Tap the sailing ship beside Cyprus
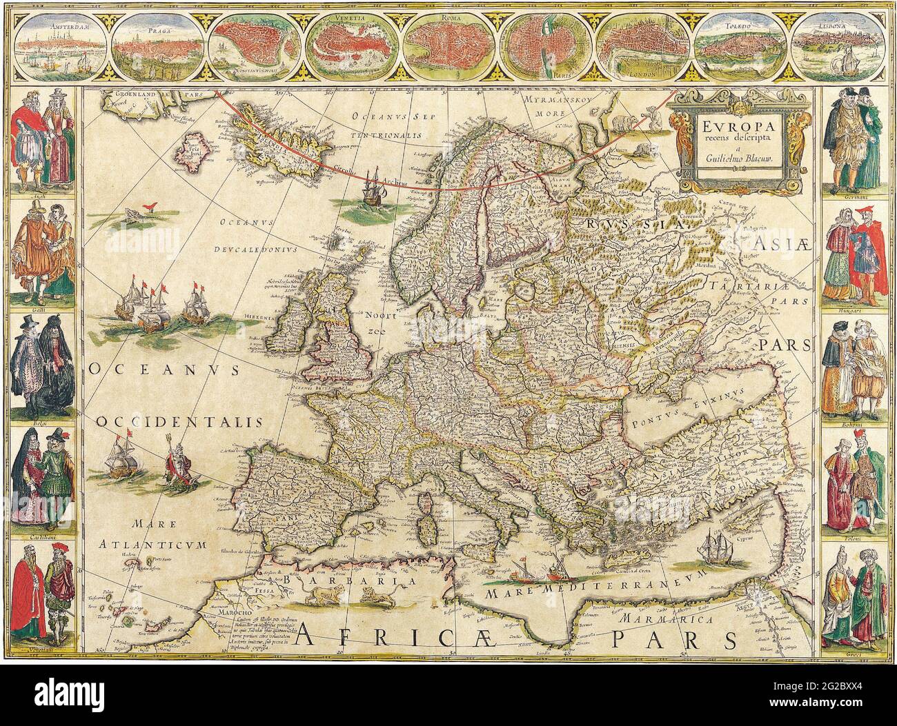(718, 548)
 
